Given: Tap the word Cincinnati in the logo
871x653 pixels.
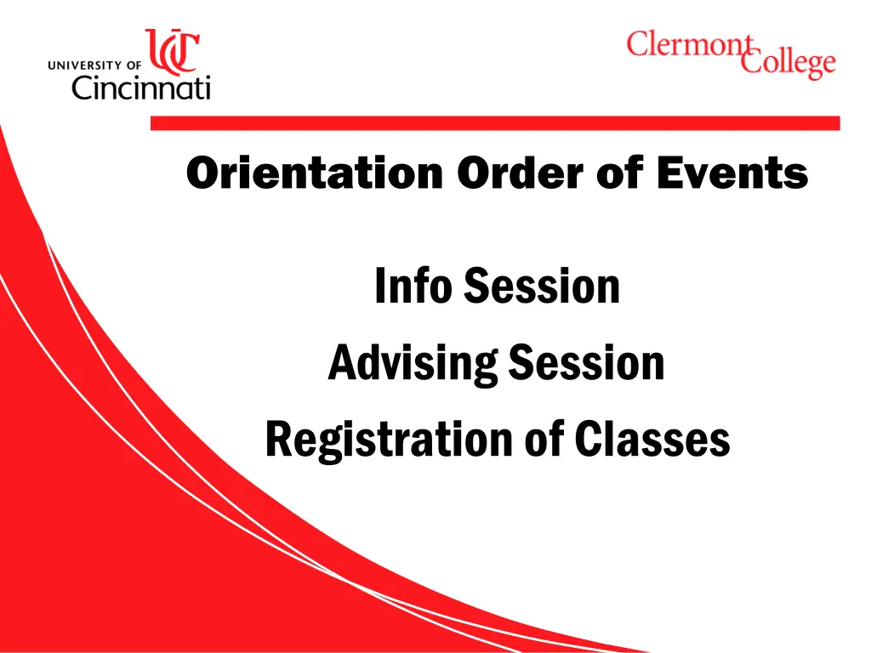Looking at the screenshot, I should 140,87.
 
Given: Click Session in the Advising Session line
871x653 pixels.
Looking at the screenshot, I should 586,363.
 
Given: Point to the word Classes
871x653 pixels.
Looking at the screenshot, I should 652,440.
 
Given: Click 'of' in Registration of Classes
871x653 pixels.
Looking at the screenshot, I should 544,440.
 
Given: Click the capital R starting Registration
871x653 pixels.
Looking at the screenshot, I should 279,440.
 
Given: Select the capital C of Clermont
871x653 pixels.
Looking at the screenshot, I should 639,44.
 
